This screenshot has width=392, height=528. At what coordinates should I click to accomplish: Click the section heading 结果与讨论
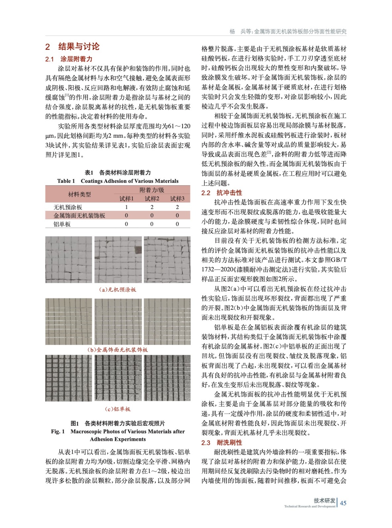(79, 47)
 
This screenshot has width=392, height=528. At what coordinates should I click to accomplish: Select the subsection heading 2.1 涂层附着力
(69, 59)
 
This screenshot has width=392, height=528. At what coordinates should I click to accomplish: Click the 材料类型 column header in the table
(79, 194)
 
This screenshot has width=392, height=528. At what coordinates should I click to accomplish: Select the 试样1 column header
(126, 198)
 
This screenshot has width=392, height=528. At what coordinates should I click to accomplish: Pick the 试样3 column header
(177, 198)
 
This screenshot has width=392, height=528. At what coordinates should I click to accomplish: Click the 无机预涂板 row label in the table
(68, 207)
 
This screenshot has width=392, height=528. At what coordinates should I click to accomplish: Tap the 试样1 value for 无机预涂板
(126, 207)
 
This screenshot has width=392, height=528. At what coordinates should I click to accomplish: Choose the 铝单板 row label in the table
(62, 224)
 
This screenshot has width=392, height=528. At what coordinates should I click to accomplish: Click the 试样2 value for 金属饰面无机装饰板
(152, 215)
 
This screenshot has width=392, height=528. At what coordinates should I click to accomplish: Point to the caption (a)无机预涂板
(118, 289)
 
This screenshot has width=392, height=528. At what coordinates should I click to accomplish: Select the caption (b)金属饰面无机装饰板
(118, 349)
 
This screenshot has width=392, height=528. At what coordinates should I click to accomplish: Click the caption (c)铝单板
(118, 409)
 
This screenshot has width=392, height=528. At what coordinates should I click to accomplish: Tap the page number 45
(343, 503)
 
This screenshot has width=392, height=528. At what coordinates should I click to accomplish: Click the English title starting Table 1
(118, 181)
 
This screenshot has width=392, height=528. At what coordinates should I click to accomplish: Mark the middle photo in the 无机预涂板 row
(118, 259)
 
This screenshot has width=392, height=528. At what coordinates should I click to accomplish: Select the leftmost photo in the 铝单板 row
(69, 378)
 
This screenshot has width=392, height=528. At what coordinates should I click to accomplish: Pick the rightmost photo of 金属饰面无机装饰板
(167, 321)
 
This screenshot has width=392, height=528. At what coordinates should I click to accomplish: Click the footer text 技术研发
(324, 500)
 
